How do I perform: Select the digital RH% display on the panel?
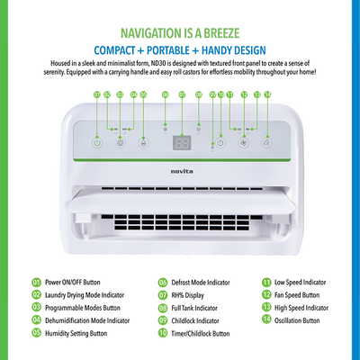[x=182, y=143]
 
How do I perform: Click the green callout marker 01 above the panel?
[x=97, y=94]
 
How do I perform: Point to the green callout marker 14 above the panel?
[x=267, y=94]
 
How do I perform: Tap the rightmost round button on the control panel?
[x=266, y=141]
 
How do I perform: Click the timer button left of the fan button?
[x=219, y=141]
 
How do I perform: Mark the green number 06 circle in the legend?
[x=163, y=281]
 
